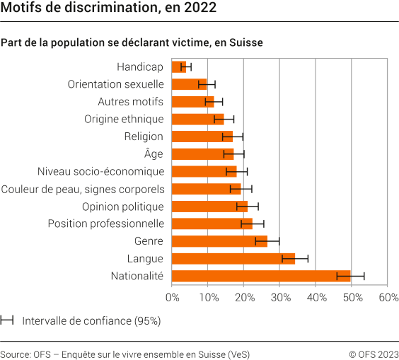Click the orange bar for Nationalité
coord(261,276)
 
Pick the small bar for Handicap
coord(179,67)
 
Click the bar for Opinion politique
coord(209,207)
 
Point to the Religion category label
coord(144,137)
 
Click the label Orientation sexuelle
coord(116,84)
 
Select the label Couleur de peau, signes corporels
coord(83,189)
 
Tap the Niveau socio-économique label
coord(100,171)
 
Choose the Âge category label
coord(154,153)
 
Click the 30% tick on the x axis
coord(280,298)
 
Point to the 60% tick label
coord(388,298)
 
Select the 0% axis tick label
coord(172,298)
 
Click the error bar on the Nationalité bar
coord(350,276)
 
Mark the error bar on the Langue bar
coord(295,258)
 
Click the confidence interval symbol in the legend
coord(8,320)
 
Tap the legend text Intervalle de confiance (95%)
coord(91,320)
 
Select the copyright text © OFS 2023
coord(373,354)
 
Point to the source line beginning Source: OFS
coord(125,354)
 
